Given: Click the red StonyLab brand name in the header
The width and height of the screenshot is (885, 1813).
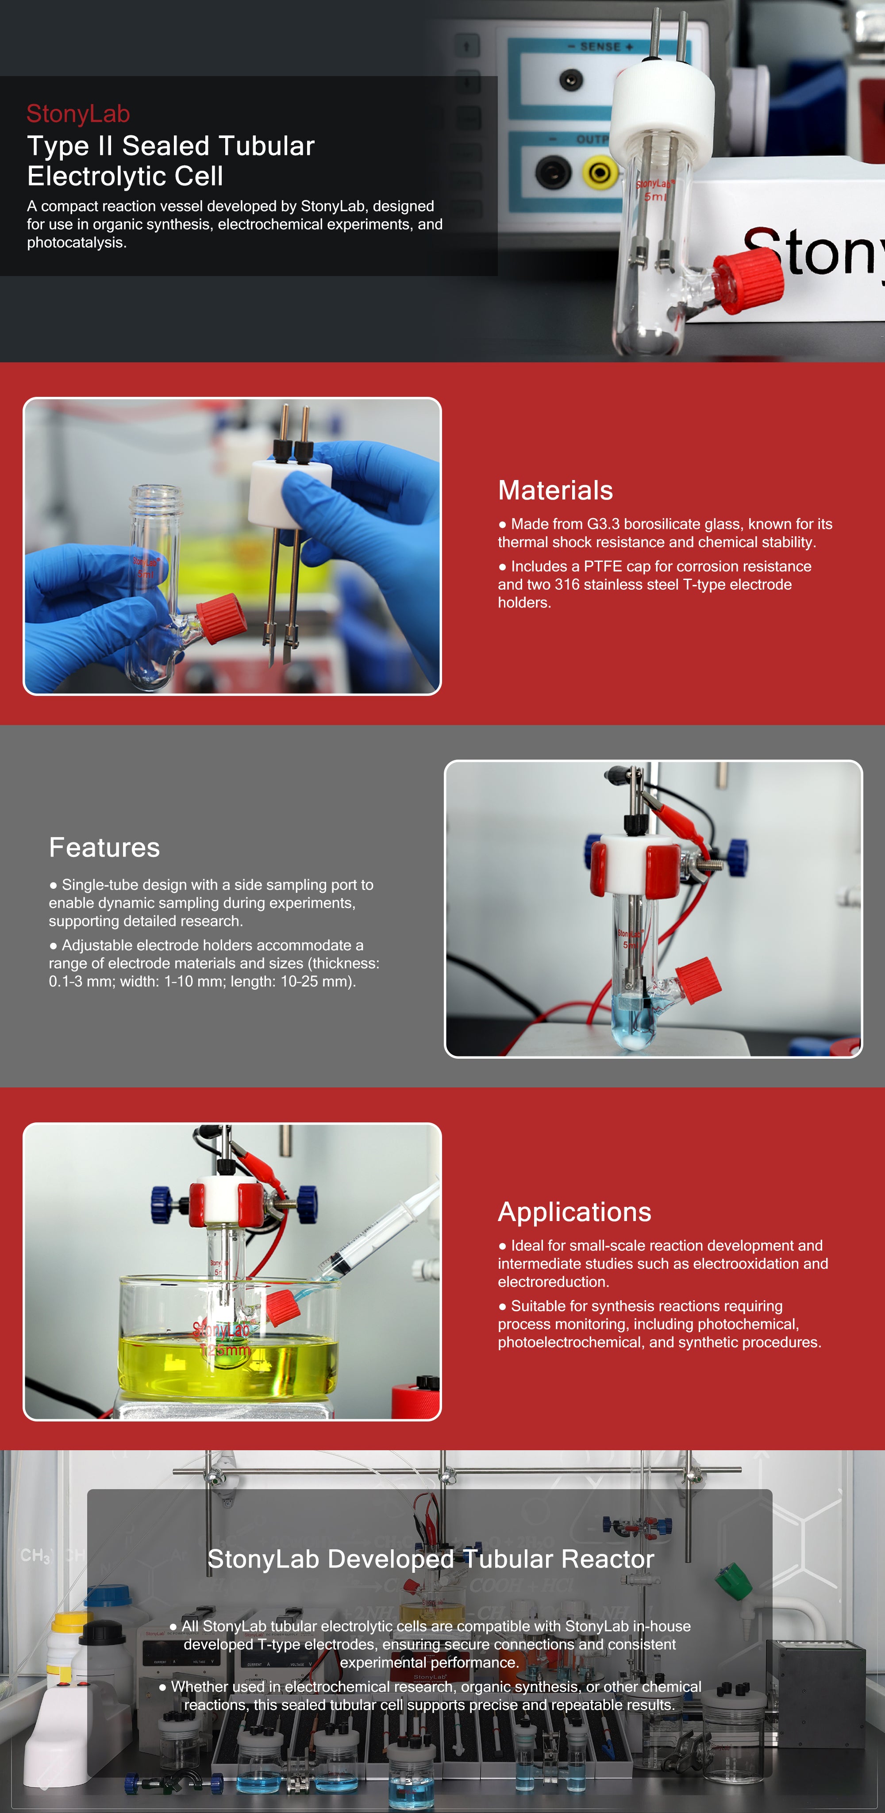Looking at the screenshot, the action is tap(78, 113).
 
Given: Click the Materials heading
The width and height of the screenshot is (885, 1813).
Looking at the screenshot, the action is tap(555, 491).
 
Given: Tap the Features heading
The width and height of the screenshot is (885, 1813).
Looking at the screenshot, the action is tap(104, 847).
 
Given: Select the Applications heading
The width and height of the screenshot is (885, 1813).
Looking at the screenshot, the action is tap(574, 1212).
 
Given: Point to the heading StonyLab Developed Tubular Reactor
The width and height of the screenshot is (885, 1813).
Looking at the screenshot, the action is tap(431, 1559).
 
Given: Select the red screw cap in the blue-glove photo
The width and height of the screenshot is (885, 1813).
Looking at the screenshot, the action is tap(221, 618).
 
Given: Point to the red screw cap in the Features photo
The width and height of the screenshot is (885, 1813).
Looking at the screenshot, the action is tap(698, 979).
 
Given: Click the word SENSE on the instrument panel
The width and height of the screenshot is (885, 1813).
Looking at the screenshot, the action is tap(600, 46).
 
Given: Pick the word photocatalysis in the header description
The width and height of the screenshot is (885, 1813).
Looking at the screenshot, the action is tap(77, 243).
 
